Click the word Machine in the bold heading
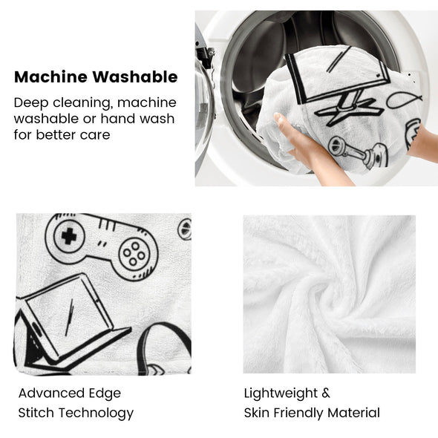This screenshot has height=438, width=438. pos(50,76)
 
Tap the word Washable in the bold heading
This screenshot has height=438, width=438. pos(135,76)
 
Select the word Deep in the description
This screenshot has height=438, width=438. pos(31,103)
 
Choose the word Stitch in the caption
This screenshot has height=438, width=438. pos(36,413)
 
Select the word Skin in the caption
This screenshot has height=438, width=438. pos(257,413)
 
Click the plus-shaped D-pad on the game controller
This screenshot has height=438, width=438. pos(69,236)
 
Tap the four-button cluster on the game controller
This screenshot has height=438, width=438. pos(134,254)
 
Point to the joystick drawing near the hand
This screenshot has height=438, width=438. pos(359,152)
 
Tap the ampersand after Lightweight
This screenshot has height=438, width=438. pos(326,393)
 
